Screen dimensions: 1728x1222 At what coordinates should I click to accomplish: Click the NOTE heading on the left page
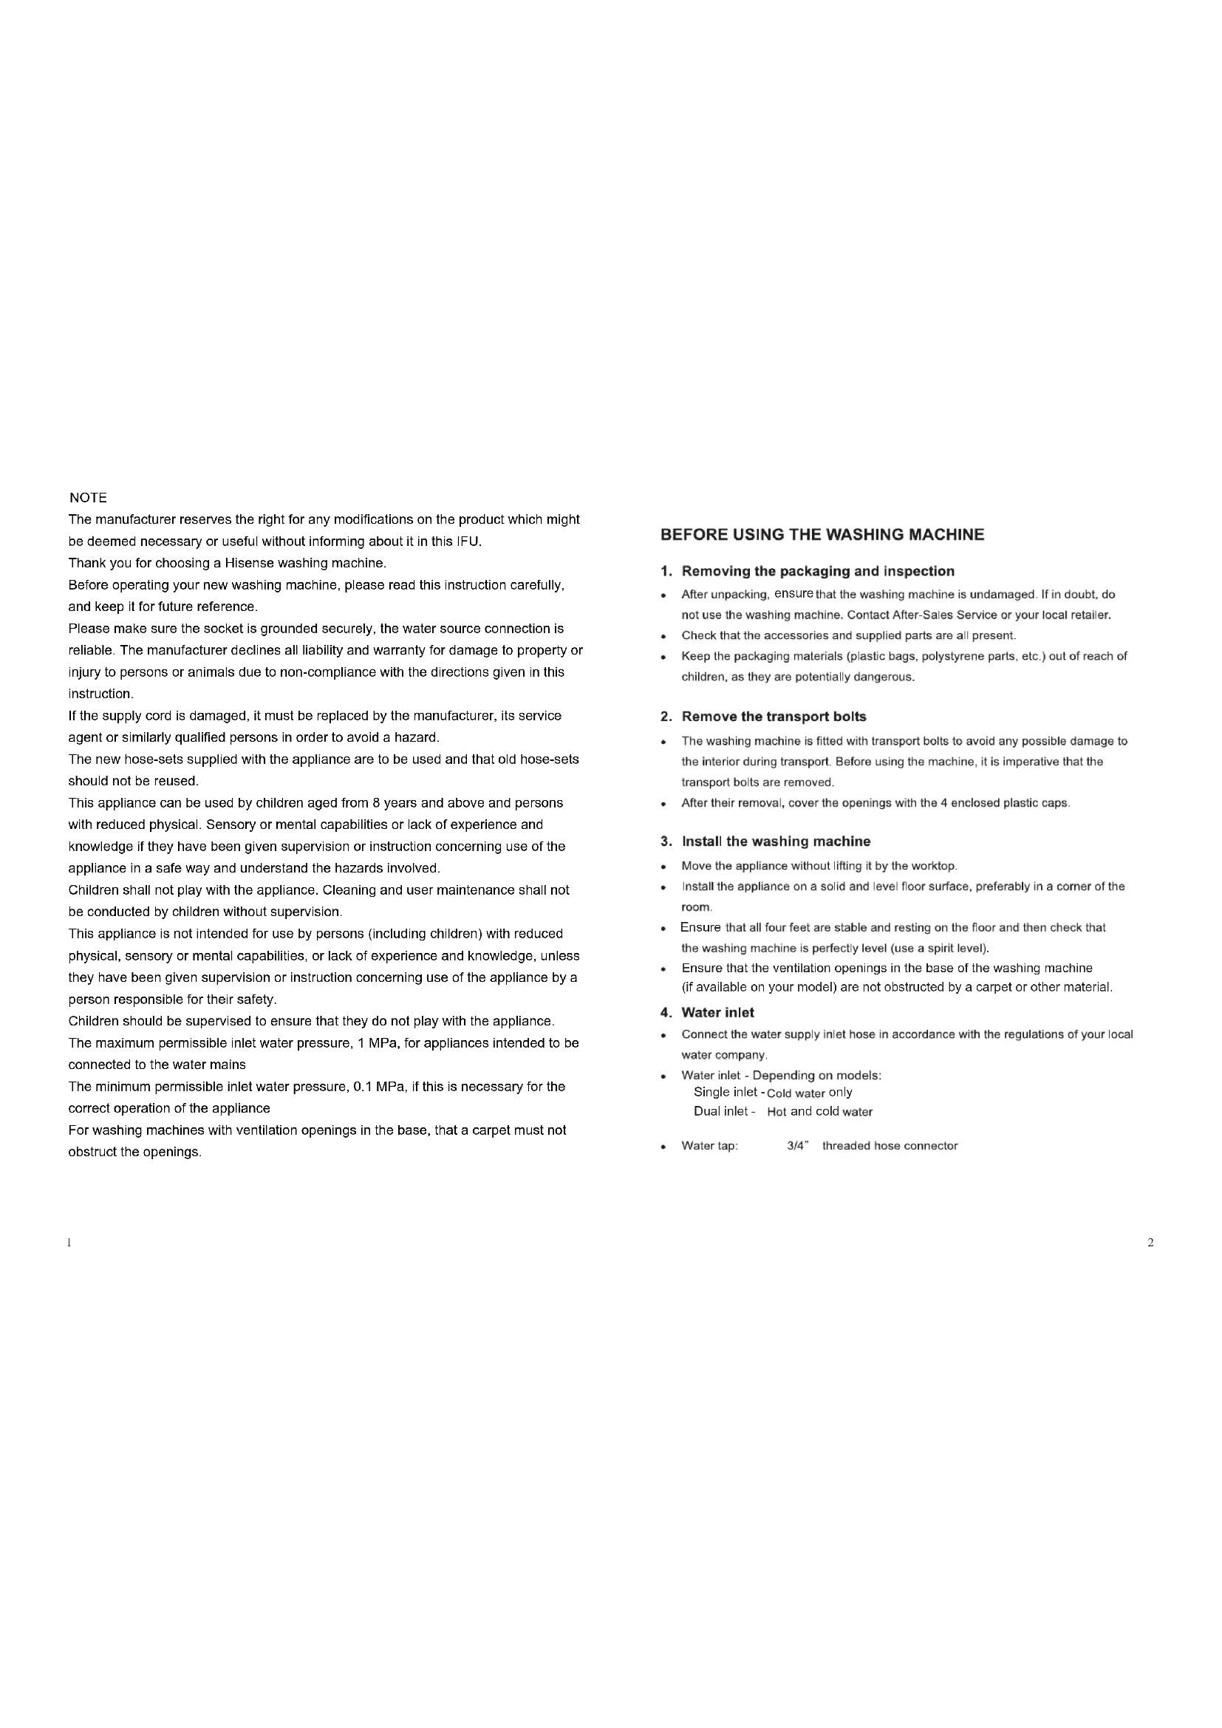pos(88,498)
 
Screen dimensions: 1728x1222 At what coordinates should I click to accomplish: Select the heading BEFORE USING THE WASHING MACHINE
pos(822,535)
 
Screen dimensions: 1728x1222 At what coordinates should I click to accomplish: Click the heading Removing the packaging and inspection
pos(817,571)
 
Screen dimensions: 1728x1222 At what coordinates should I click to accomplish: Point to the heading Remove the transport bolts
pos(774,717)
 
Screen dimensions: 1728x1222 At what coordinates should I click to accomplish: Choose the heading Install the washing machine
pos(776,841)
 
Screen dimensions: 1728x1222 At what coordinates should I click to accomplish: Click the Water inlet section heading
pos(717,1013)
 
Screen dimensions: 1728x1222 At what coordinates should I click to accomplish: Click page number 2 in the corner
pos(1150,1243)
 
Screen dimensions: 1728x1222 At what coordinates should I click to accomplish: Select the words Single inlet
pos(725,1092)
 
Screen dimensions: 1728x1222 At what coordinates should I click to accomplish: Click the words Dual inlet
pos(720,1112)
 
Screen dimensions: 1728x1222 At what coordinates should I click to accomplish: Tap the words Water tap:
pos(709,1147)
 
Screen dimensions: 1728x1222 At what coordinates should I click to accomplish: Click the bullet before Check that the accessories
pos(662,636)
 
